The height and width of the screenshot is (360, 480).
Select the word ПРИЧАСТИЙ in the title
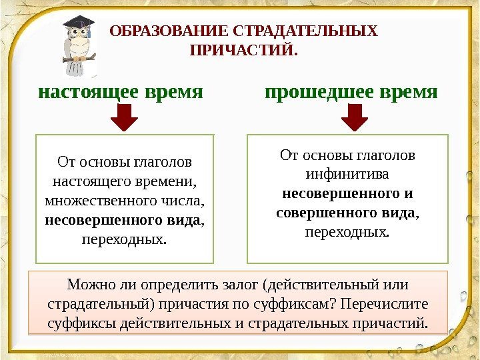pyautogui.click(x=241, y=51)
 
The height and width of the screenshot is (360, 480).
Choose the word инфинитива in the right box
pyautogui.click(x=347, y=175)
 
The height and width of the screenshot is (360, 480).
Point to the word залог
pyautogui.click(x=239, y=285)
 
